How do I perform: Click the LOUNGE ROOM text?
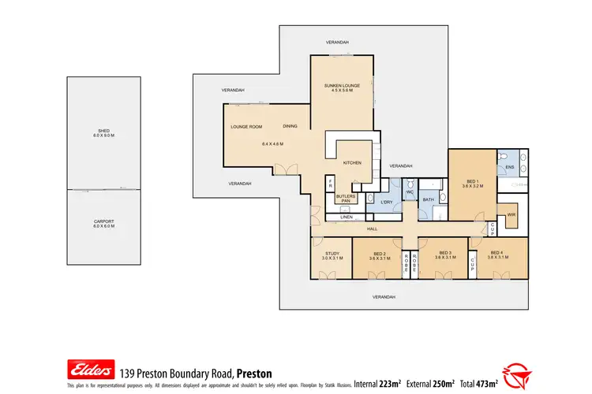(x=245, y=127)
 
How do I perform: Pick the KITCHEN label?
(x=351, y=162)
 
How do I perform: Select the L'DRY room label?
(x=387, y=203)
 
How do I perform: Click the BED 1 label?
(x=472, y=182)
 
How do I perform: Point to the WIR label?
(x=511, y=214)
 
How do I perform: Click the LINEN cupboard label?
(x=345, y=217)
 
